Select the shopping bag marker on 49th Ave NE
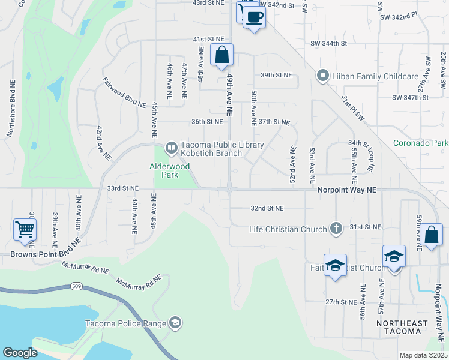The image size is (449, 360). (x=222, y=55)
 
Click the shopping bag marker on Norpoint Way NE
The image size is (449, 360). (x=432, y=235)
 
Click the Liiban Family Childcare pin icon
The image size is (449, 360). (x=322, y=76)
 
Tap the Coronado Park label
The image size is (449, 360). (x=421, y=143)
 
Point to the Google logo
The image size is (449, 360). (x=20, y=353)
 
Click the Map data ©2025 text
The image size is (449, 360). (x=423, y=355)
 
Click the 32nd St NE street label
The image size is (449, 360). (x=267, y=208)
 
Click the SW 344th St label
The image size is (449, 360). (x=329, y=44)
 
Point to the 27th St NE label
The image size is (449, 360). (x=341, y=302)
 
